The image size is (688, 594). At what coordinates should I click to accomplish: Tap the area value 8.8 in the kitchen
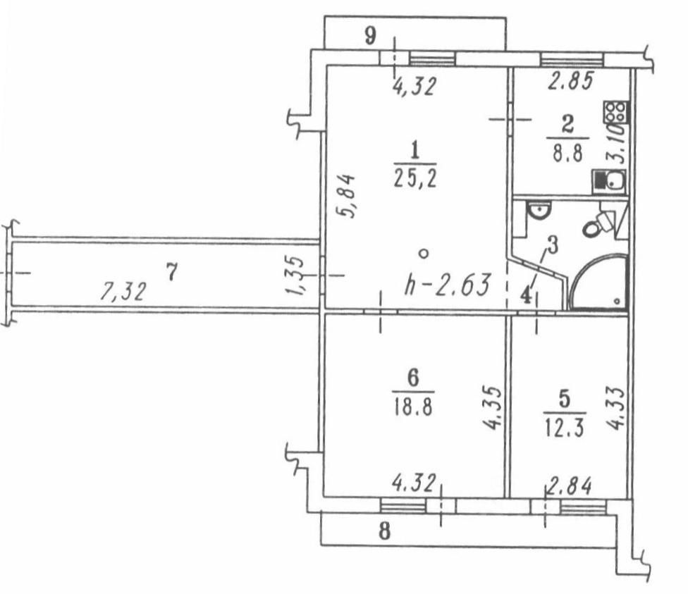pos(567,154)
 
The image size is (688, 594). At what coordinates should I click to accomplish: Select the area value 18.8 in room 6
pos(413,408)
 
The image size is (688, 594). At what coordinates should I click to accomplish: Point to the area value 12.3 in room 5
pos(565,428)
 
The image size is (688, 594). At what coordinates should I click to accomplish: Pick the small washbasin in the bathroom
pos(541,209)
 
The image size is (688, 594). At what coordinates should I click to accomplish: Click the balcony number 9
pos(371,35)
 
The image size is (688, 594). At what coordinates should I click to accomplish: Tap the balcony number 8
pos(384,531)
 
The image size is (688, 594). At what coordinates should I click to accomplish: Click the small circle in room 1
pos(422,252)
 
